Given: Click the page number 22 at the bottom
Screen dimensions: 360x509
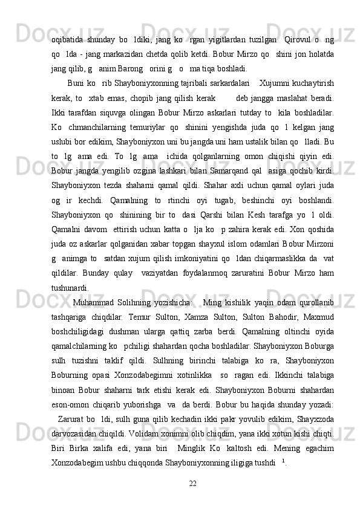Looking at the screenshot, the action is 192,484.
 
